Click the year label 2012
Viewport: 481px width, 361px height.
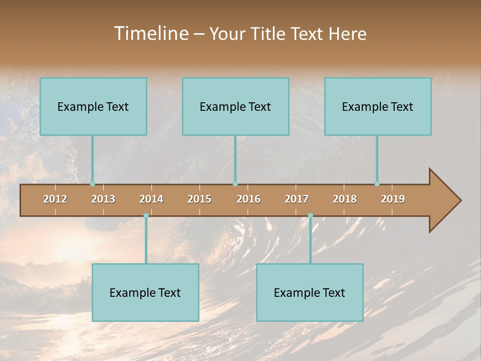pyautogui.click(x=55, y=199)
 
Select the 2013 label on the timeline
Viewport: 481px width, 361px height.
pyautogui.click(x=103, y=199)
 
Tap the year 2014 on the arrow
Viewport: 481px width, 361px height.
pyautogui.click(x=151, y=199)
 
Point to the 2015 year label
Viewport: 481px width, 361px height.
pyautogui.click(x=199, y=199)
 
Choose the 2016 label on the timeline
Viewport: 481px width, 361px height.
pyautogui.click(x=249, y=199)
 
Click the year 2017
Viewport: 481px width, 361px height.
pyautogui.click(x=297, y=199)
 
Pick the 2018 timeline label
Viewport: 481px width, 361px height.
pyautogui.click(x=345, y=199)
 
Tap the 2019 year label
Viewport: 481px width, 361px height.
pyautogui.click(x=393, y=199)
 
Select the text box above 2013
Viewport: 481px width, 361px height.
pyautogui.click(x=93, y=106)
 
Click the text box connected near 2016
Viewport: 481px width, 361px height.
pyautogui.click(x=235, y=106)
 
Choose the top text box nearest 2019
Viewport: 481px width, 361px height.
pyautogui.click(x=378, y=106)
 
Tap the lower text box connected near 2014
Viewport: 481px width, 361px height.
pyautogui.click(x=145, y=292)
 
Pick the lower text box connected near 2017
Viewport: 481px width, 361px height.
pyautogui.click(x=310, y=292)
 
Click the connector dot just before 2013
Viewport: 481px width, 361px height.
pyautogui.click(x=92, y=184)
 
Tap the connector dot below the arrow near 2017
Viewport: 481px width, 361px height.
pyautogui.click(x=310, y=216)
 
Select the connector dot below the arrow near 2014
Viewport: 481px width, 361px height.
pyautogui.click(x=146, y=216)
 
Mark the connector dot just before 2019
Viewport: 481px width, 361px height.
pyautogui.click(x=377, y=184)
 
